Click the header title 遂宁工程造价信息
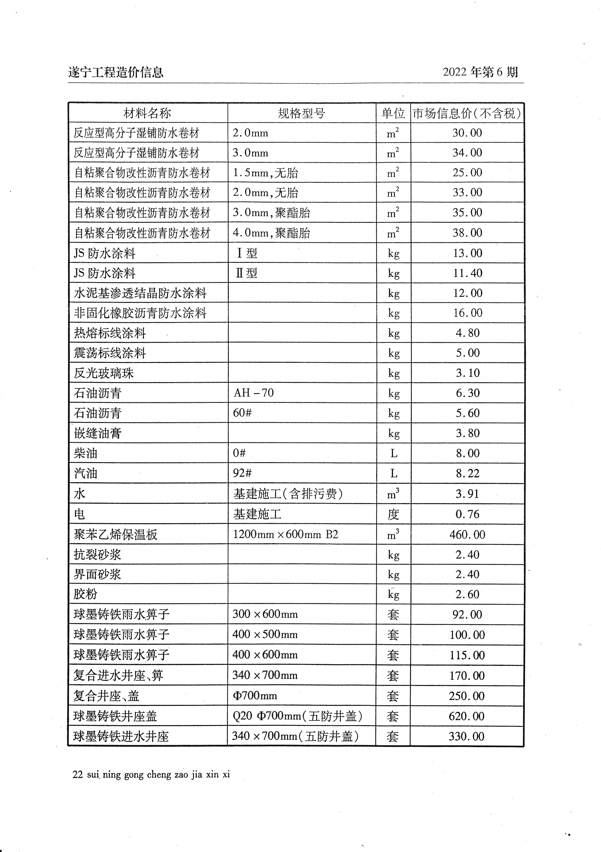click(x=115, y=72)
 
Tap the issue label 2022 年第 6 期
click(x=480, y=72)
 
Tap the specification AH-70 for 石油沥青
click(x=253, y=392)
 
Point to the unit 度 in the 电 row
click(x=393, y=514)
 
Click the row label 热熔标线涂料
click(x=110, y=333)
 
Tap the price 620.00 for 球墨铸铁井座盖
click(x=467, y=716)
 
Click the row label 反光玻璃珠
click(x=104, y=373)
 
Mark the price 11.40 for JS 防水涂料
click(x=467, y=273)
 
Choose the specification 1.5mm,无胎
click(x=265, y=172)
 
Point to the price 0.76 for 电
click(x=467, y=514)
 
